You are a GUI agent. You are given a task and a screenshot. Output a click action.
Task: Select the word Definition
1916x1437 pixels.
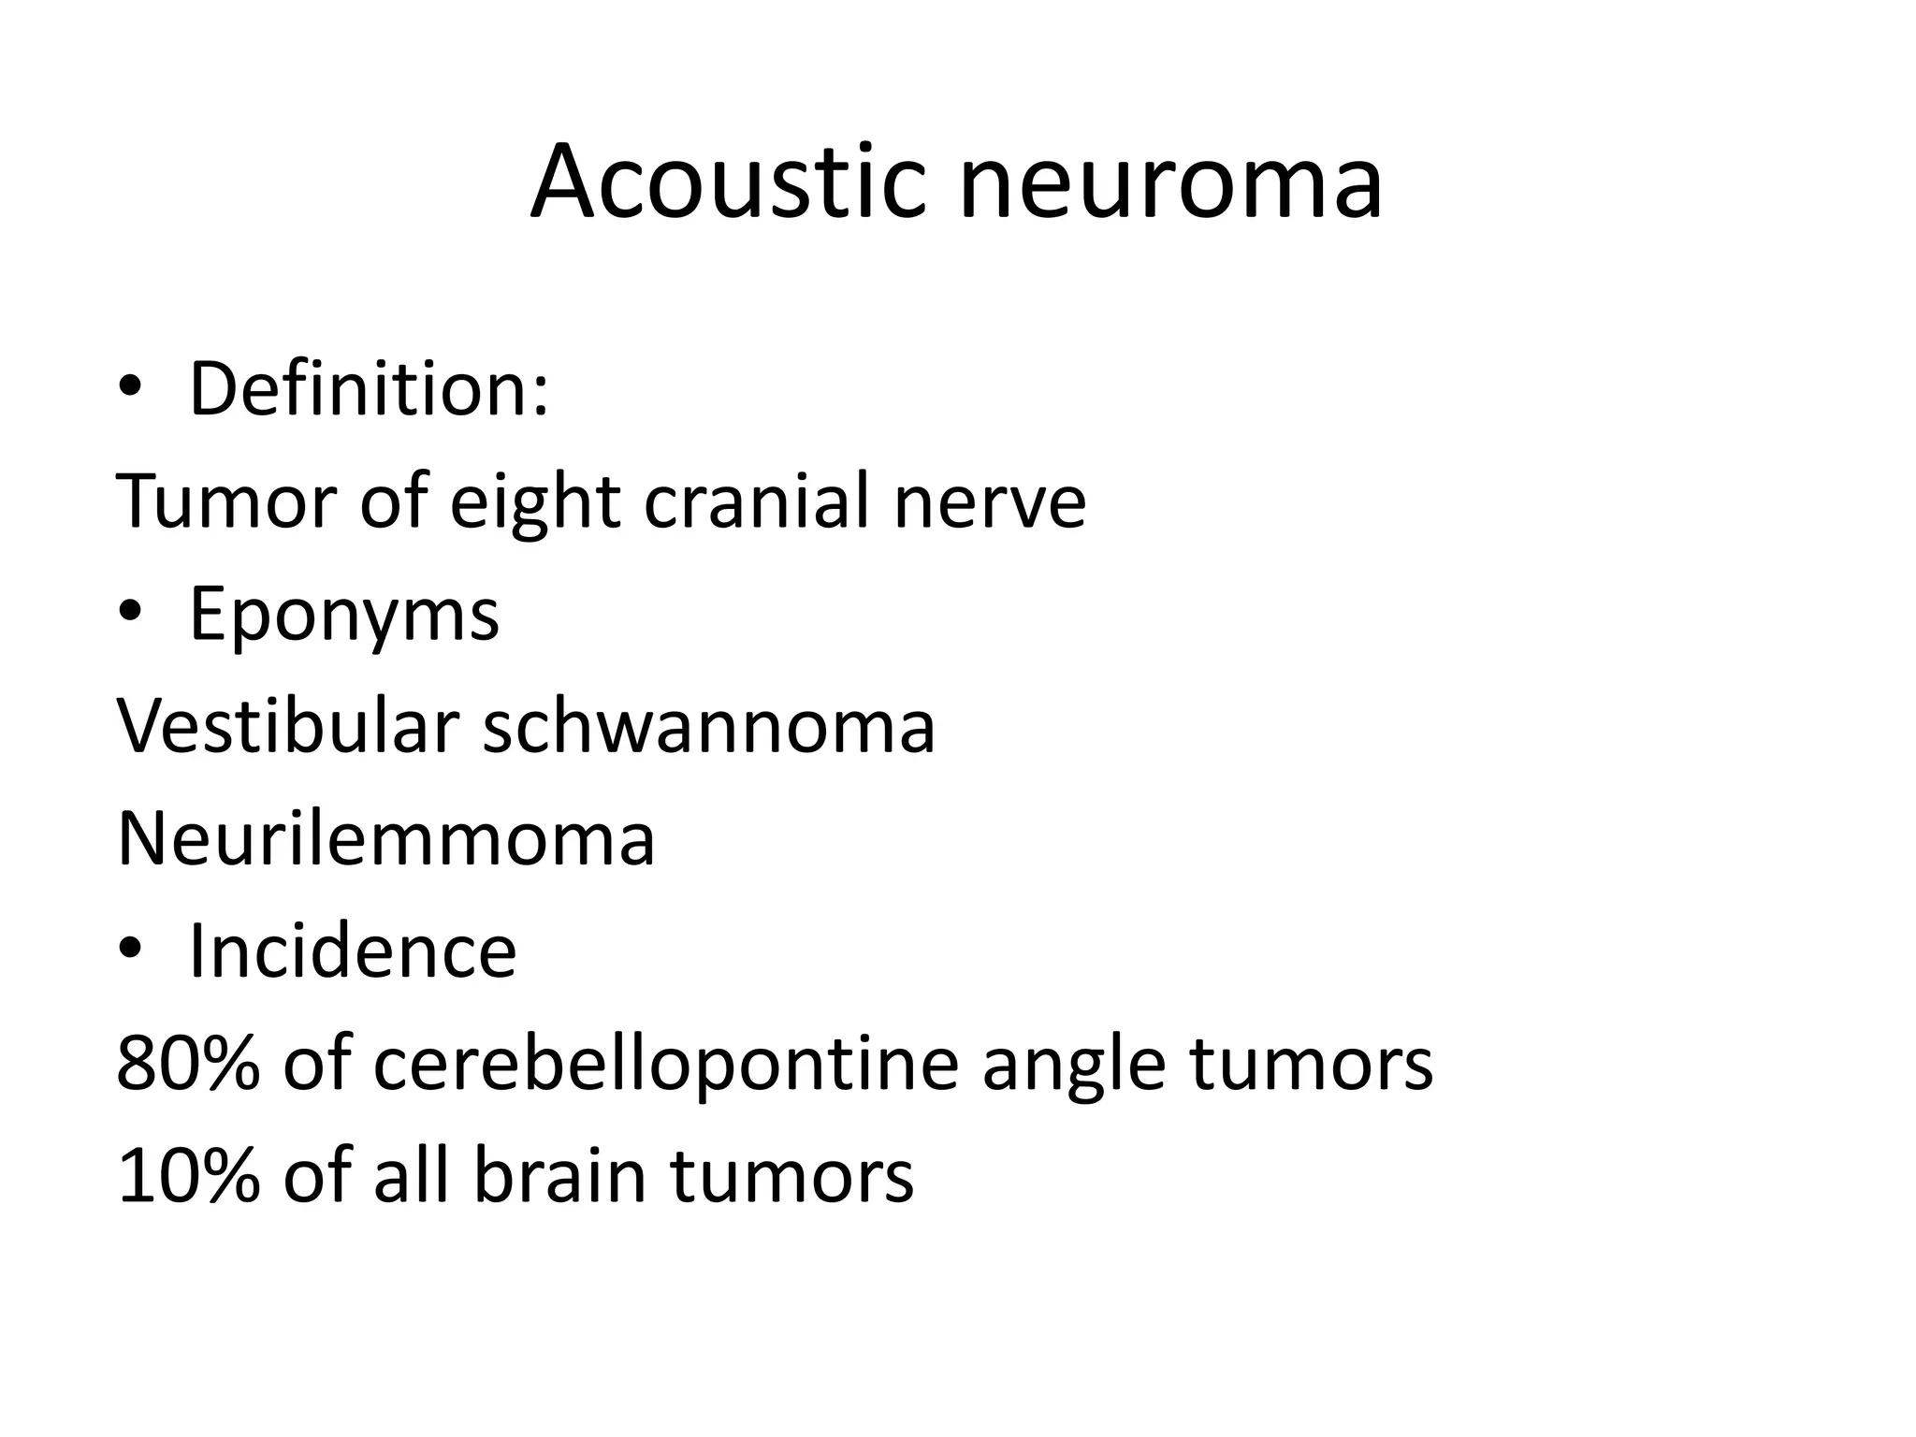pyautogui.click(x=369, y=389)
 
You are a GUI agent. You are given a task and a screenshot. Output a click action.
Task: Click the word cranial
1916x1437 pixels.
pyautogui.click(x=759, y=501)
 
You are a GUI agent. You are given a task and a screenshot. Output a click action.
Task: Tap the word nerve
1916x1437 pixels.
pyautogui.click(x=990, y=503)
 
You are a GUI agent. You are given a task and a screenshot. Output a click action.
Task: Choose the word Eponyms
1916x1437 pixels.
pyautogui.click(x=344, y=616)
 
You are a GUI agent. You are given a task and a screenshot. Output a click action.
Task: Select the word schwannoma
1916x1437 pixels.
pyautogui.click(x=708, y=726)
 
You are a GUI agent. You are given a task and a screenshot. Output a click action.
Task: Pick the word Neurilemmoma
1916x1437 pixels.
pyautogui.click(x=385, y=839)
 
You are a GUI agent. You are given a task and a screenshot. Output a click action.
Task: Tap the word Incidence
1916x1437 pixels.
pyautogui.click(x=353, y=951)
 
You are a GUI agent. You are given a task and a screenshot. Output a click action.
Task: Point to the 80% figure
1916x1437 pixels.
pyautogui.click(x=187, y=1064)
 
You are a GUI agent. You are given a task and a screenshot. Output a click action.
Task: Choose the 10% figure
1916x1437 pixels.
pyautogui.click(x=187, y=1176)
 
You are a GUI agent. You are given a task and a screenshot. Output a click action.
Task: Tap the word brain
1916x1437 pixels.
pyautogui.click(x=560, y=1176)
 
